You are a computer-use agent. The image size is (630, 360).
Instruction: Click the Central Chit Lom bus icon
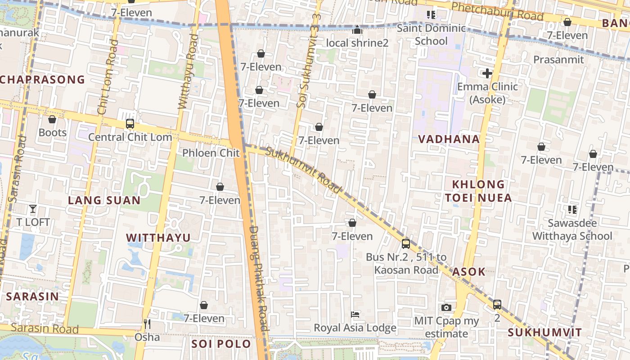pos(130,123)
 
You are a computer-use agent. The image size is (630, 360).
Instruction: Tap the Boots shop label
pos(53,132)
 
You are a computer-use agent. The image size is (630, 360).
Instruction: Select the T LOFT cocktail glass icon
pos(33,208)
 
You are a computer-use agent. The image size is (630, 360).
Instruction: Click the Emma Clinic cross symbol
pos(487,73)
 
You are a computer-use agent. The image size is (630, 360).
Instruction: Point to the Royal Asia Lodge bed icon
pos(355,314)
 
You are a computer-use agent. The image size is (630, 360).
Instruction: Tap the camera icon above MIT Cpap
pos(446,307)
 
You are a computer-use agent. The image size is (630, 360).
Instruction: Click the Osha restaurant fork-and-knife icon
pos(147,324)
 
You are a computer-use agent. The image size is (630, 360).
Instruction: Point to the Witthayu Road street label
pos(188,72)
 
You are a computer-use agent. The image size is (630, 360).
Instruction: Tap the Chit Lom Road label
pos(108,76)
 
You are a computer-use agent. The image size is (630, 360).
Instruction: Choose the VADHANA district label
pos(449,139)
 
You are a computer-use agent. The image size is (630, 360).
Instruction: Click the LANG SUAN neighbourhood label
pos(104,200)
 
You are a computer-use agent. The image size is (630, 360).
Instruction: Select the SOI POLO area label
pos(221,344)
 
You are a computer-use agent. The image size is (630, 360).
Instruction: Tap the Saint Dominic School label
pos(431,35)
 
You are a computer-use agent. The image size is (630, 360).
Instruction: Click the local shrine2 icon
pos(357,30)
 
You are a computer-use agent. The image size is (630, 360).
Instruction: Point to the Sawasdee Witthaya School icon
pos(572,209)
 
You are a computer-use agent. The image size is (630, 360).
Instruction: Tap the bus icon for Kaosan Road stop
pos(405,244)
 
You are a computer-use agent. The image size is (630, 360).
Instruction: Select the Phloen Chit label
pos(211,153)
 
